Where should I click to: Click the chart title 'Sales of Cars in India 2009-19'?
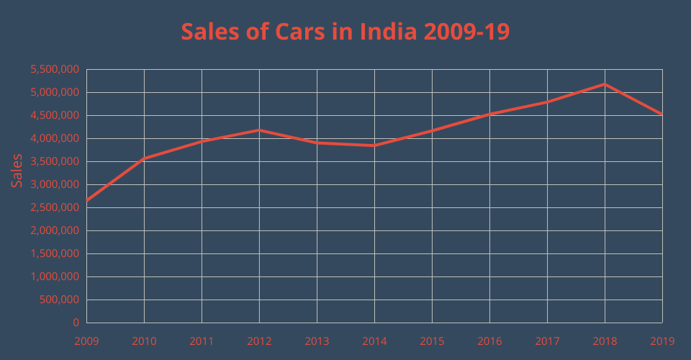coord(345,32)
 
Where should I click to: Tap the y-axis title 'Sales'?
coord(17,171)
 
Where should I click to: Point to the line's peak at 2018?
coord(605,84)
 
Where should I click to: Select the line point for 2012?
coord(259,130)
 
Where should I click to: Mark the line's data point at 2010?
coord(144,158)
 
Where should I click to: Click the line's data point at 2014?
coord(374,145)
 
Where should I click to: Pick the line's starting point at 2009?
coord(86,201)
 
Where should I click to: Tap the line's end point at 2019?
coord(661,114)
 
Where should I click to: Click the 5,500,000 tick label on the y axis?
coord(55,70)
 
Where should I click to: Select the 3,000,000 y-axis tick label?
coord(55,185)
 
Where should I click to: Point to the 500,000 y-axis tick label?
coord(60,300)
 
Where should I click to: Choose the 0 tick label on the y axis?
coord(76,323)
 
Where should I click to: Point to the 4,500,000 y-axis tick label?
coord(55,116)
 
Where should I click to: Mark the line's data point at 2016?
coord(489,114)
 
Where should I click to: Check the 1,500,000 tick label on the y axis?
coord(55,254)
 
